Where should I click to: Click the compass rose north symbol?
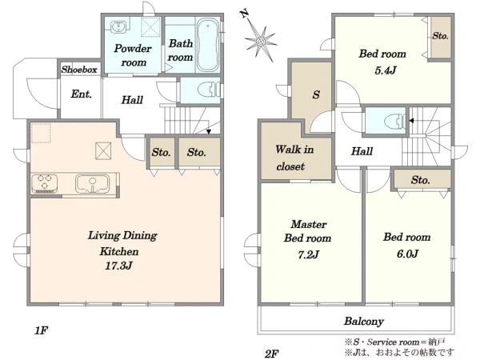pyautogui.click(x=260, y=40)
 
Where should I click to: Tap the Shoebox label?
pyautogui.click(x=79, y=70)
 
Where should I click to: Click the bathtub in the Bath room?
pyautogui.click(x=207, y=45)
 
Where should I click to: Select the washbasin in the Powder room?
pyautogui.click(x=117, y=26)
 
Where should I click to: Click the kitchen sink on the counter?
pyautogui.click(x=92, y=184)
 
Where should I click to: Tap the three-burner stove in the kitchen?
pyautogui.click(x=44, y=183)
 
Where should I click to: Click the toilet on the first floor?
pyautogui.click(x=208, y=90)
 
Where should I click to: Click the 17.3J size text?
pyautogui.click(x=118, y=266)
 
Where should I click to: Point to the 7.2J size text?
pyautogui.click(x=309, y=254)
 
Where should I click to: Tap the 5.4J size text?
pyautogui.click(x=386, y=70)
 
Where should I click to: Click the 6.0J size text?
pyautogui.click(x=407, y=254)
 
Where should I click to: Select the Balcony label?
pyautogui.click(x=364, y=321)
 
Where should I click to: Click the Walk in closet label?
pyautogui.click(x=294, y=158)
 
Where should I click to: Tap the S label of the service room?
pyautogui.click(x=316, y=94)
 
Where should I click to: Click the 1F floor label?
pyautogui.click(x=41, y=330)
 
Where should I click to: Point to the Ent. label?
pyautogui.click(x=82, y=94)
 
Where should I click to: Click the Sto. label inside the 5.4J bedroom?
pyautogui.click(x=440, y=36)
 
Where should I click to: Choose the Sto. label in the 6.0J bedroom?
pyautogui.click(x=420, y=180)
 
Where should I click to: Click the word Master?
pyautogui.click(x=309, y=224)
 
